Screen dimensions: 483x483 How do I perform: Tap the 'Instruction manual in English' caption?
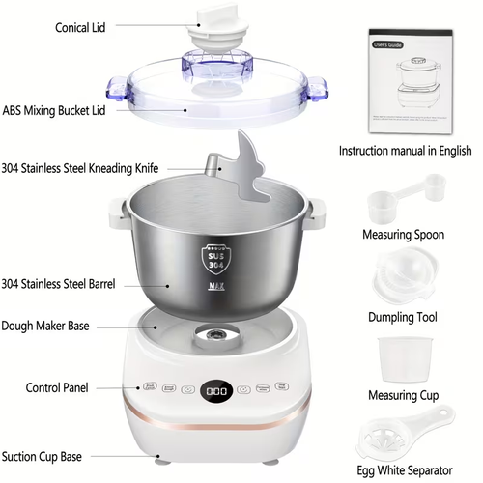405,151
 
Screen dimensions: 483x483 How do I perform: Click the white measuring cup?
405,357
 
